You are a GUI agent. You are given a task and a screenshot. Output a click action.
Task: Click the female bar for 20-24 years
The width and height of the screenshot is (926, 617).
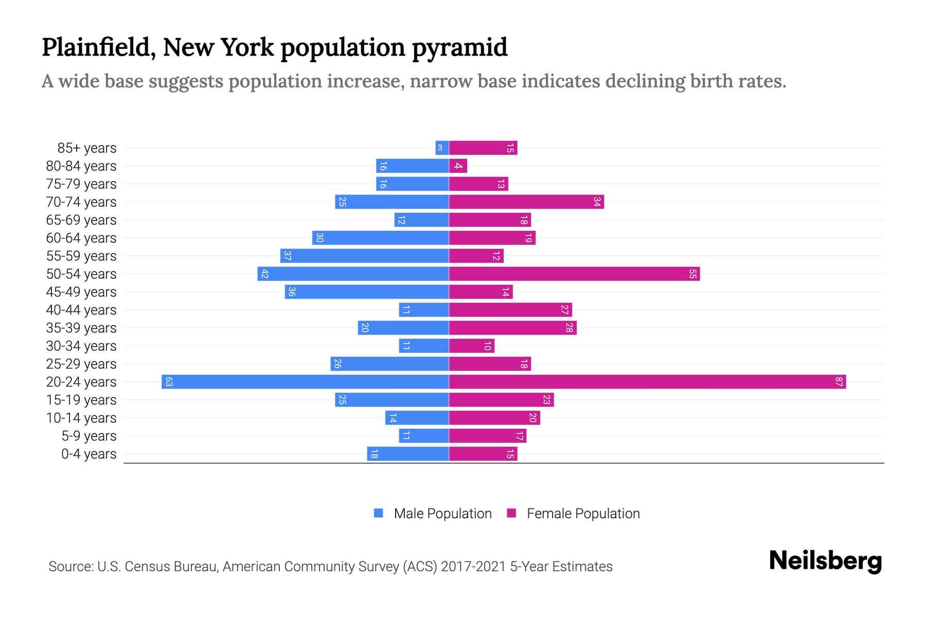pyautogui.click(x=647, y=382)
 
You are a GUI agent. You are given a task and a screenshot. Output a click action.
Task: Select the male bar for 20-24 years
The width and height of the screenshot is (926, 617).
pyautogui.click(x=305, y=382)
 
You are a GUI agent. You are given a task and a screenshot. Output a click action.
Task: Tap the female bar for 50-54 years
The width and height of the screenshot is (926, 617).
pyautogui.click(x=574, y=274)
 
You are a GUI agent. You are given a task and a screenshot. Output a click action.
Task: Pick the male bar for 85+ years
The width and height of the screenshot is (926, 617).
pyautogui.click(x=442, y=148)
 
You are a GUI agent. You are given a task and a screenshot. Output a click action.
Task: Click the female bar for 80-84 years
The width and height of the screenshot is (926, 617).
pyautogui.click(x=458, y=166)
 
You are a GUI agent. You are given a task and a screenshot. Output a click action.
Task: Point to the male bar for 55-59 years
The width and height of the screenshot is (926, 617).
pyautogui.click(x=364, y=256)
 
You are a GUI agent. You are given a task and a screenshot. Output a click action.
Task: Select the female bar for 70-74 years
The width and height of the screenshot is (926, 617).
pyautogui.click(x=526, y=202)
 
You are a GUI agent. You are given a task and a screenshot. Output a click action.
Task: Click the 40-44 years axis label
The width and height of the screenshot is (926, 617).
pyautogui.click(x=81, y=310)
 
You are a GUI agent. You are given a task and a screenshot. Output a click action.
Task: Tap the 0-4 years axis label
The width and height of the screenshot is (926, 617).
pyautogui.click(x=88, y=454)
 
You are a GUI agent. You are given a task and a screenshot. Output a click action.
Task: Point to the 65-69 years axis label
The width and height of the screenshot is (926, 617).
pyautogui.click(x=81, y=220)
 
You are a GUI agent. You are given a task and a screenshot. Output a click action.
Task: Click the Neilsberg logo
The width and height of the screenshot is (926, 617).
pyautogui.click(x=825, y=561)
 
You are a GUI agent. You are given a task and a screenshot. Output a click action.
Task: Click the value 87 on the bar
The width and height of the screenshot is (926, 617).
pyautogui.click(x=839, y=382)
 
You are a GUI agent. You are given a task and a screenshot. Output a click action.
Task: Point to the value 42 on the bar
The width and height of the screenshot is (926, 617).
pyautogui.click(x=264, y=274)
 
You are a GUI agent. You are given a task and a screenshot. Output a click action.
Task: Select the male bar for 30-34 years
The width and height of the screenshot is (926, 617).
pyautogui.click(x=424, y=346)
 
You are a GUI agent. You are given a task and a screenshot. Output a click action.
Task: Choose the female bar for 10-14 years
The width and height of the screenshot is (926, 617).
pyautogui.click(x=494, y=418)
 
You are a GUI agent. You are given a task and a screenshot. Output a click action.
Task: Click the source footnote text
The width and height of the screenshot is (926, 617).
pyautogui.click(x=330, y=567)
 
